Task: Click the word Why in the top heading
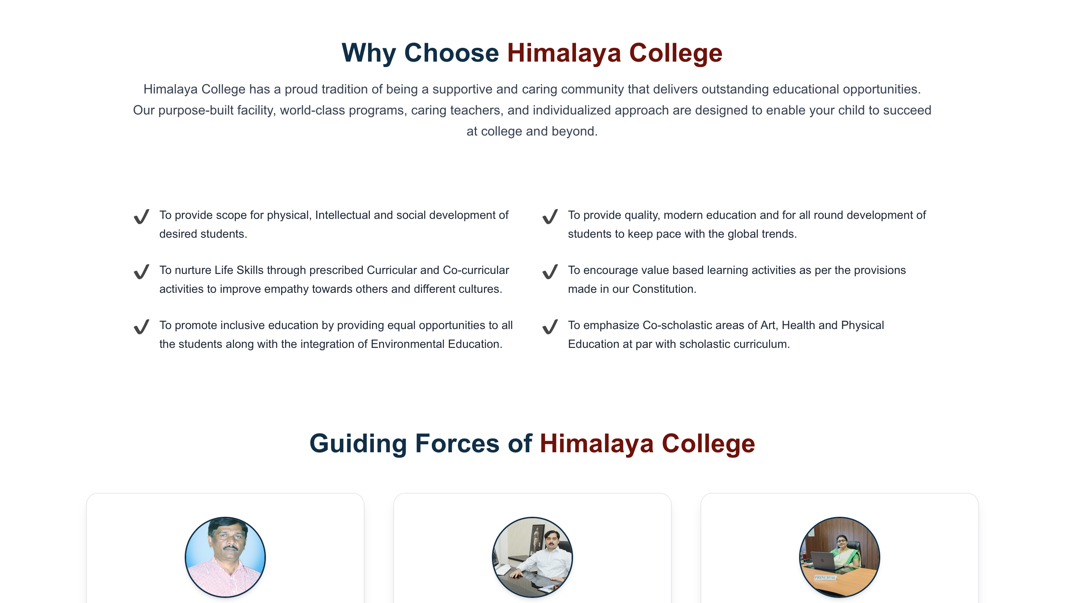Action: [x=369, y=53]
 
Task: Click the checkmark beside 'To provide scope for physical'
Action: [x=141, y=216]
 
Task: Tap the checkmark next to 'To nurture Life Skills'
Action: [x=141, y=271]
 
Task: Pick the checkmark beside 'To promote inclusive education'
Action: [x=141, y=327]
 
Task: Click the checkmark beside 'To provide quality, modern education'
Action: [x=550, y=216]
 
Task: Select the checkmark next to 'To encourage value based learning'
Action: [x=550, y=271]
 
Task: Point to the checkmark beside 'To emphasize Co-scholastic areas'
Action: [x=550, y=327]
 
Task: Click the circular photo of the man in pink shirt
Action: [x=225, y=557]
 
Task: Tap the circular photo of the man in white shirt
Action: [x=532, y=557]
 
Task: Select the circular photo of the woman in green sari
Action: [x=839, y=557]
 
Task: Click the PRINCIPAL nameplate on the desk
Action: [x=825, y=577]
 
